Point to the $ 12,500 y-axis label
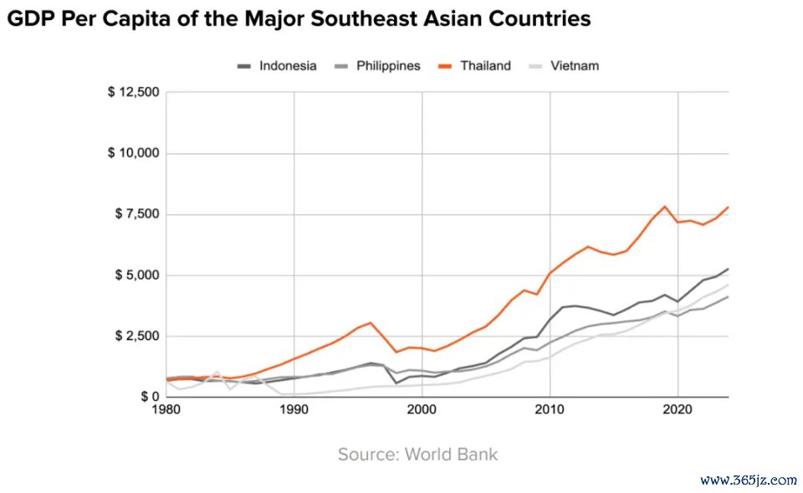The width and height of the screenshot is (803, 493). pos(132,92)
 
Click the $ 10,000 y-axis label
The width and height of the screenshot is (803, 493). pos(132,153)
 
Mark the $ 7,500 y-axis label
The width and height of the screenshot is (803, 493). pos(136,214)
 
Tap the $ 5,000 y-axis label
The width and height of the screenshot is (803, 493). pos(136,275)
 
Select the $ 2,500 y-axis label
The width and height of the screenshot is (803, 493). pos(136,336)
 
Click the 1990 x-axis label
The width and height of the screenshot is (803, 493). pos(294,410)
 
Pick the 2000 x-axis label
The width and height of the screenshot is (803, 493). pos(422,410)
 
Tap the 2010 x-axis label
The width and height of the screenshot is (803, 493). pos(550,410)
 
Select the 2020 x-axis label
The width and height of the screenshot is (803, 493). pos(678,410)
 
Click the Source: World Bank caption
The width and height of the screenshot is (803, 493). pos(417,454)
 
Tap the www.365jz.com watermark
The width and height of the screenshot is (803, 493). pos(748,480)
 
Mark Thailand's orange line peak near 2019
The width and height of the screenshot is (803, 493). pos(665,206)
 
